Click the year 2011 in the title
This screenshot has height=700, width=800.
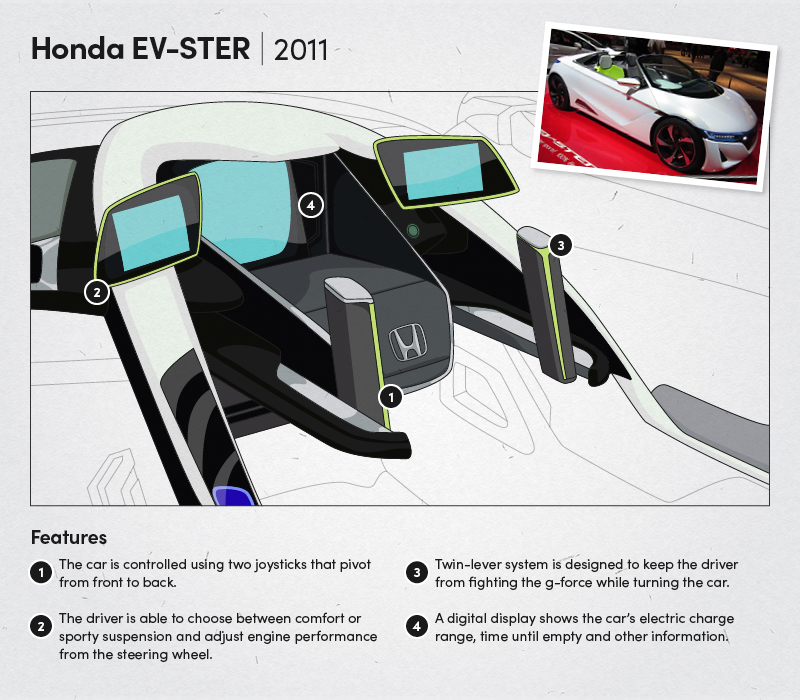coord(301,49)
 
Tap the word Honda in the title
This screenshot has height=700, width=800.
coord(78,48)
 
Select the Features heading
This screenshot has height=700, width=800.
coord(69,537)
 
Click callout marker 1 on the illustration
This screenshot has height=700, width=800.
coord(391,397)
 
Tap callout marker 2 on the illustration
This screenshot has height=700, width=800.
coord(96,292)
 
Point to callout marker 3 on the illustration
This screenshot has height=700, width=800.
coord(561,245)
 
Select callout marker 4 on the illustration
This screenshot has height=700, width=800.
coord(311,205)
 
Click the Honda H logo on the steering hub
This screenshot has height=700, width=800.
coord(408,342)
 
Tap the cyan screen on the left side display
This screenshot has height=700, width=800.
coord(151,233)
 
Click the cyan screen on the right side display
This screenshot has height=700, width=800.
coord(443,171)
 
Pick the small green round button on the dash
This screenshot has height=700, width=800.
coord(413,231)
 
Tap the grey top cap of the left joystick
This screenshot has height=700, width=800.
coord(348,289)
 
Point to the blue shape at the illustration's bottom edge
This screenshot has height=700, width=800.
coord(233,496)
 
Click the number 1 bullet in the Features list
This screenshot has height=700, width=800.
coord(41,573)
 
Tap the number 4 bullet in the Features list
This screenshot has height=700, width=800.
coord(416,627)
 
